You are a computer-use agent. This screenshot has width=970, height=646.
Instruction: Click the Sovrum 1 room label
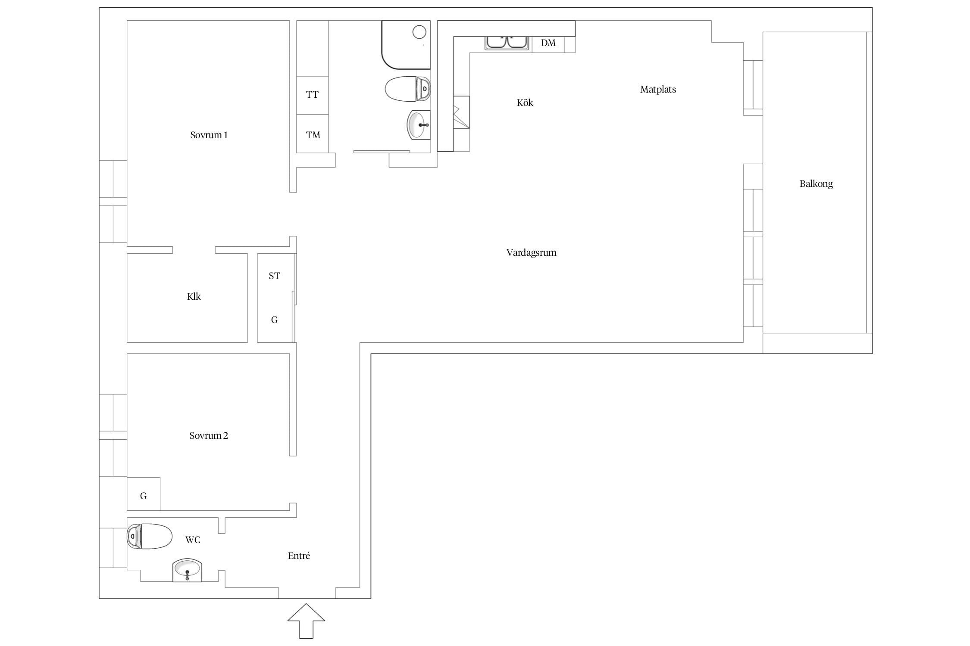[209, 135]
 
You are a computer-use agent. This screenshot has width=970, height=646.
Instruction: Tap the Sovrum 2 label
[209, 436]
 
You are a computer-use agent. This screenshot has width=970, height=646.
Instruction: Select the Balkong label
[816, 184]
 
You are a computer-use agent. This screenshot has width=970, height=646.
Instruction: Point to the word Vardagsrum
[531, 253]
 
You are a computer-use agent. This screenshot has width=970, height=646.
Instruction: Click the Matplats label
[658, 90]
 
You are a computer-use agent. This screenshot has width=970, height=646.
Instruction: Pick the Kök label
[525, 102]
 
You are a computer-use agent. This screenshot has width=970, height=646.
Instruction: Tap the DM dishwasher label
[548, 43]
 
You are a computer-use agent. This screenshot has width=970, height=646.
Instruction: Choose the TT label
[312, 95]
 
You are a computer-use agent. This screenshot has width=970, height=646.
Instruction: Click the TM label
[313, 135]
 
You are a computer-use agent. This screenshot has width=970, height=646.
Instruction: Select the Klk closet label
[194, 296]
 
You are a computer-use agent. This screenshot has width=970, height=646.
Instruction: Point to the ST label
[274, 276]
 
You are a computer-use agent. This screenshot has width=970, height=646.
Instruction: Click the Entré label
[299, 556]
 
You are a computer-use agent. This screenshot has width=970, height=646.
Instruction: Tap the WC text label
[193, 540]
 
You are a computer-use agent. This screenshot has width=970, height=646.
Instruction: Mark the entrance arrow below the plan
[306, 621]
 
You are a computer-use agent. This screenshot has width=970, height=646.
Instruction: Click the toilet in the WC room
[150, 536]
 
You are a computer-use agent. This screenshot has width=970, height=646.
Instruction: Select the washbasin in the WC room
[187, 570]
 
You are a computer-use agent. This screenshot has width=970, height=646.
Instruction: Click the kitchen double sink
[507, 43]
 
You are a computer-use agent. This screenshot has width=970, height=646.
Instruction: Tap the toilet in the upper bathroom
[407, 89]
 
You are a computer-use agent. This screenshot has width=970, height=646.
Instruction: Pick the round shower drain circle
[419, 32]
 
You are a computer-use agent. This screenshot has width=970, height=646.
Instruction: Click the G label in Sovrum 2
[143, 496]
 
